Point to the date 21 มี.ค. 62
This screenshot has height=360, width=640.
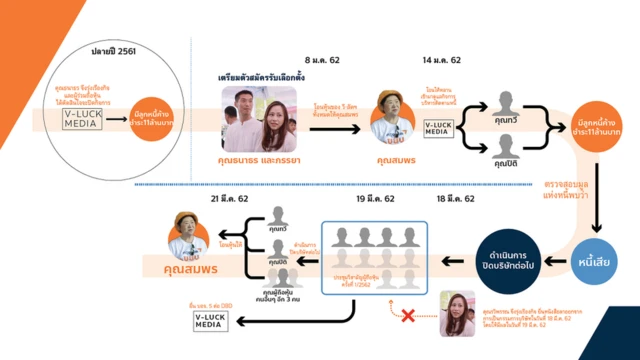click(x=229, y=199)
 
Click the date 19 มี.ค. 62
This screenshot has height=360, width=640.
click(x=375, y=199)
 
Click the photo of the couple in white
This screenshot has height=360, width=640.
click(x=259, y=118)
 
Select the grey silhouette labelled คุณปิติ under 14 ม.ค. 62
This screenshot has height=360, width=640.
click(x=495, y=150)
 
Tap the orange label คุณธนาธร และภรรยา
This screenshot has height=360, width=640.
click(x=260, y=159)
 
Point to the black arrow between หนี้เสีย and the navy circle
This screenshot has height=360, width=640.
click(x=551, y=263)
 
